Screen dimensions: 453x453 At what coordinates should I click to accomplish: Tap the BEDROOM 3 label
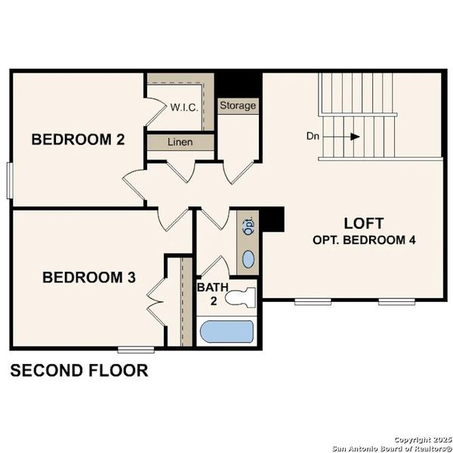tap(89, 277)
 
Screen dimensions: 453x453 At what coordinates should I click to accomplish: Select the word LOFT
tap(364, 223)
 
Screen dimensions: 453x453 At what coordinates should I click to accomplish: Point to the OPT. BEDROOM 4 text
tap(364, 239)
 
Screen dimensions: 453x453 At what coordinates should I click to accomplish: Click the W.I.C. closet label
tap(184, 106)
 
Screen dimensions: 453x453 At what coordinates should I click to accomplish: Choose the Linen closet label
tap(180, 142)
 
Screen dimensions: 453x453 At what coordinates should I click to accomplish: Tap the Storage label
tap(238, 106)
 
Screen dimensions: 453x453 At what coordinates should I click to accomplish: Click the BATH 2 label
tap(208, 294)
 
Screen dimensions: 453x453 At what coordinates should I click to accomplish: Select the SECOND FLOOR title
tap(79, 371)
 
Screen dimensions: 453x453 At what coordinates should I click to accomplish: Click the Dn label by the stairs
tap(314, 137)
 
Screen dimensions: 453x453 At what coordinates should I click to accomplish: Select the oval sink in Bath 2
tap(248, 261)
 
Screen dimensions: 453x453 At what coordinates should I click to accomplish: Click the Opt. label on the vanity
tap(248, 225)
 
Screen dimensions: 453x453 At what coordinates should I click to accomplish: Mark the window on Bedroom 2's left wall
tap(10, 179)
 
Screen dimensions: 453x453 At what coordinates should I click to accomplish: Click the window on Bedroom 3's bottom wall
tap(136, 348)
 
